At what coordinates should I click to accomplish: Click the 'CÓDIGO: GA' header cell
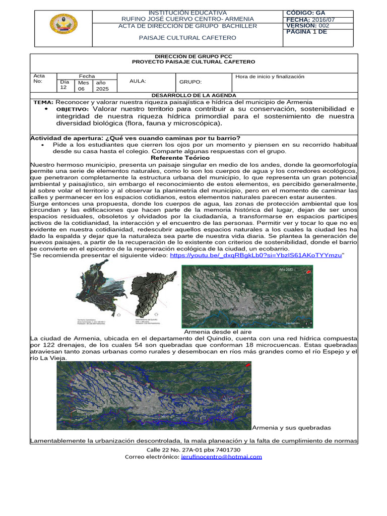pos(305,13)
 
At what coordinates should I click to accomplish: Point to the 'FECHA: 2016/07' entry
pos(310,20)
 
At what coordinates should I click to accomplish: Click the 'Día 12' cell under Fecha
pos(64,84)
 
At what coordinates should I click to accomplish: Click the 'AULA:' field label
pos(138,81)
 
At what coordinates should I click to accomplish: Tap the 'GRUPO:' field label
pos(190,82)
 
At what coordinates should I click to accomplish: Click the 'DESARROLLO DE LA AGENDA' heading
pos(193,95)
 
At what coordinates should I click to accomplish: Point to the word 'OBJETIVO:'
pos(72,109)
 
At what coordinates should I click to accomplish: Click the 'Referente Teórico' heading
pos(180,158)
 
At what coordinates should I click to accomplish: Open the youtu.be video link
pos(255,255)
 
